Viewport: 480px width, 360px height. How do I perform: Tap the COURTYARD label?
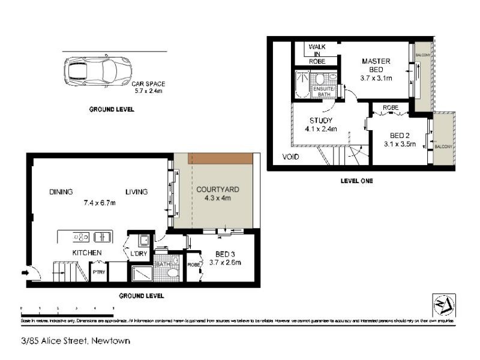pos(218,190)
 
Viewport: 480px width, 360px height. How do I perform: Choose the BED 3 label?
pos(225,254)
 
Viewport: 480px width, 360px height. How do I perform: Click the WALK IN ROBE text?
pos(316,53)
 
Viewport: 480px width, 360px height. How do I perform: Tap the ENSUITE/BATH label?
pos(323,92)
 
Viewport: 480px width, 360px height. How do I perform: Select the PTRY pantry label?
pos(97,272)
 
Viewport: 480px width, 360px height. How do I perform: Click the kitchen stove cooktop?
pos(80,236)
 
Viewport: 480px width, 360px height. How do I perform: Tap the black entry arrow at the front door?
pos(25,274)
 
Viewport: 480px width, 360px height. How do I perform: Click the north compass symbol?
pos(444,304)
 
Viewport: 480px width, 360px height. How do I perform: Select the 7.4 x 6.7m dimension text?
pos(99,202)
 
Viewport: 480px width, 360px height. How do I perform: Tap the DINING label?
pos(61,192)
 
